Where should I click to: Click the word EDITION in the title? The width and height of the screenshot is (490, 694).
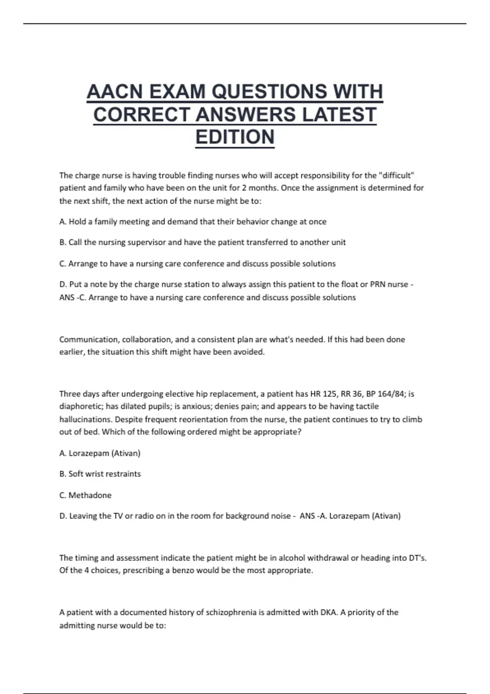click(235, 137)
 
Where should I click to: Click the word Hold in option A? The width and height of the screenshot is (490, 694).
click(77, 222)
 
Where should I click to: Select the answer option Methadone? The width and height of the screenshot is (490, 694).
click(90, 495)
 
